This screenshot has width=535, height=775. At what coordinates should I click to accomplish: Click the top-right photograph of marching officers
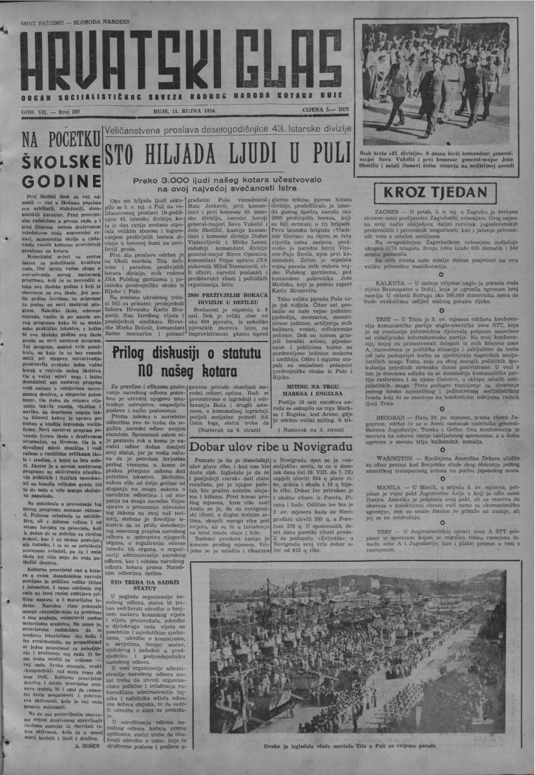tap(439, 83)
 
